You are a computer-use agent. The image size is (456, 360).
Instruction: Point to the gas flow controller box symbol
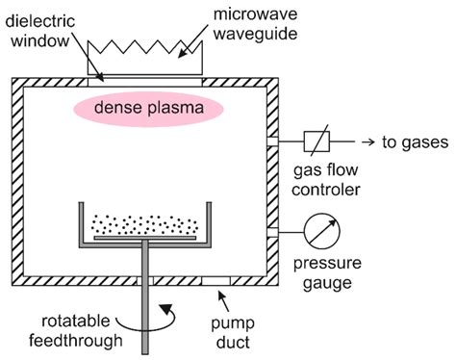317,141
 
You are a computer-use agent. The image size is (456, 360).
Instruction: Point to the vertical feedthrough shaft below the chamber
144,318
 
